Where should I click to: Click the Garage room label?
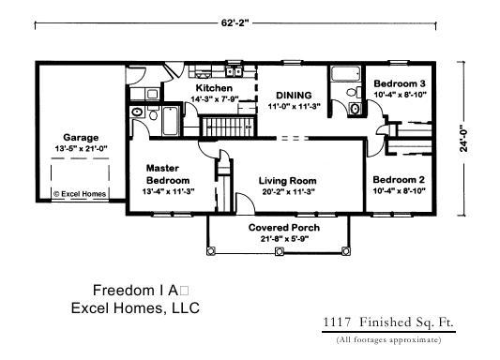point(81,137)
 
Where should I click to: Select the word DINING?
point(293,96)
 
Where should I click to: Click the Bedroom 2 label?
point(399,179)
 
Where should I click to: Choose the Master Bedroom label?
point(168,174)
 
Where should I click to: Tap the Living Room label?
point(287,180)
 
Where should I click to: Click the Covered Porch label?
point(283,228)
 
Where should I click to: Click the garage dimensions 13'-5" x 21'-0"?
point(81,148)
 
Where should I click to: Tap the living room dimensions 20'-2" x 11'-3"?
point(287,192)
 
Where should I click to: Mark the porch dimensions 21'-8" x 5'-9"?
point(283,240)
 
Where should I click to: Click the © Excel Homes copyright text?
point(80,195)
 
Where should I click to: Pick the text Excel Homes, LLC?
point(136,307)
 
